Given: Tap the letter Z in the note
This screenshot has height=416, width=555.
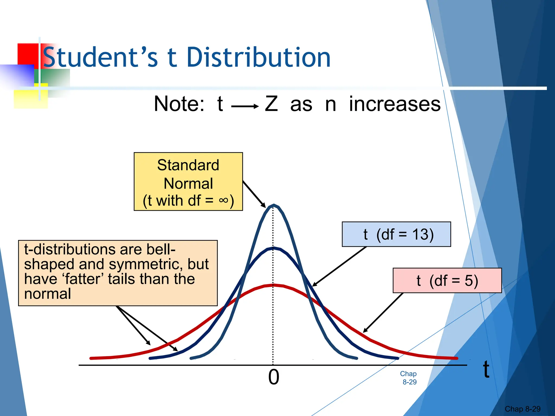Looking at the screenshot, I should (x=271, y=104).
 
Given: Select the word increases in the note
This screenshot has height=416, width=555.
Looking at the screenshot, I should (x=395, y=104).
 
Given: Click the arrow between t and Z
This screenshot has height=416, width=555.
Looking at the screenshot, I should (x=245, y=106).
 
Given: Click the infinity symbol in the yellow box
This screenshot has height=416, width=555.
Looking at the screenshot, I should (x=223, y=200).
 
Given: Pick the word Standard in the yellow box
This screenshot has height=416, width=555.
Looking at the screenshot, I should (x=188, y=165).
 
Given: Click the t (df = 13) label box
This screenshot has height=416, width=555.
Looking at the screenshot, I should (x=396, y=234).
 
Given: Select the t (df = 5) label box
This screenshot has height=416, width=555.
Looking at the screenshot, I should (x=447, y=281).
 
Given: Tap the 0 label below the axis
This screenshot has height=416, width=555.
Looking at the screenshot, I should (x=273, y=377).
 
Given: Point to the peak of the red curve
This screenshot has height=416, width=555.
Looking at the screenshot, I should (x=273, y=285).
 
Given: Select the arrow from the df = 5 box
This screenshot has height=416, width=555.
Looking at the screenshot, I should (x=383, y=312).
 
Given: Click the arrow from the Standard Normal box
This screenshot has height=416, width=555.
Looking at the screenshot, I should (x=254, y=194).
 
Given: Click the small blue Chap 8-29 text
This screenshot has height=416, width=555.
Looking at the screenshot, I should (x=409, y=378).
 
